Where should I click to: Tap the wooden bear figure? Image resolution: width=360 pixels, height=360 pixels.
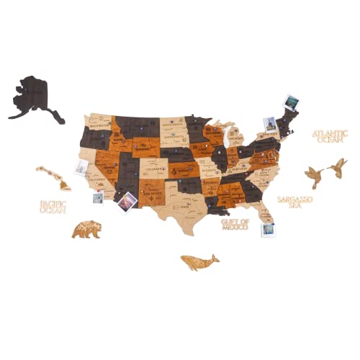86,230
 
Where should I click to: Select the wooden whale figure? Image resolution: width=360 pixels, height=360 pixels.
199,262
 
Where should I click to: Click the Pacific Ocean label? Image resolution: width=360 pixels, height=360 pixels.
53,207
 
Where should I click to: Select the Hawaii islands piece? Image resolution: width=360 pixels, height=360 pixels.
55,177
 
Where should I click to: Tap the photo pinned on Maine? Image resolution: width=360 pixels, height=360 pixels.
292,102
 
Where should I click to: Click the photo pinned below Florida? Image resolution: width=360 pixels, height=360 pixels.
268,230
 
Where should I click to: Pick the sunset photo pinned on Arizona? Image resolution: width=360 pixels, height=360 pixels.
126,202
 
